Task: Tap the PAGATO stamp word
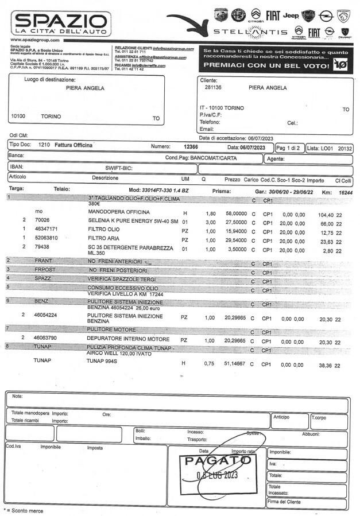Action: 215,461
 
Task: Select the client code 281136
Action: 213,88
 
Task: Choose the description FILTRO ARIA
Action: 105,239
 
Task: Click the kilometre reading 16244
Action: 346,193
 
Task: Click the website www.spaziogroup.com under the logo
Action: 35,40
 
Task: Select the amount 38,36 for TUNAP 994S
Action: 327,365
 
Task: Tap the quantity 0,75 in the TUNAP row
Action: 210,364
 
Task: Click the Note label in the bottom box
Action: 18,397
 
